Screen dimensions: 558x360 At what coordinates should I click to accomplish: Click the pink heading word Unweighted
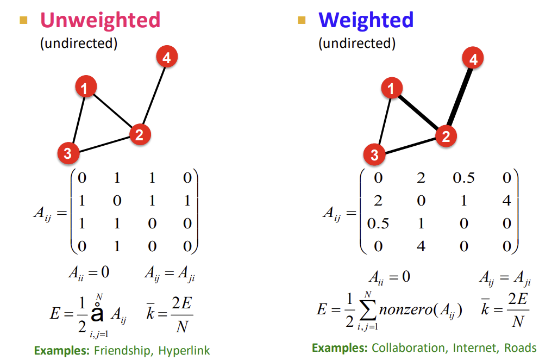(x=100, y=20)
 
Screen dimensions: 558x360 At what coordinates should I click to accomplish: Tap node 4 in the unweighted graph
(x=167, y=57)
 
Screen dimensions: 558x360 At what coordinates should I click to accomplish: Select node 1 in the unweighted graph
(x=85, y=87)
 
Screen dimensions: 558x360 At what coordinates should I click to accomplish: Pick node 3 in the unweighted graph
(x=67, y=153)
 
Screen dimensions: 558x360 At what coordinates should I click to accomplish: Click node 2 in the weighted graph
(x=446, y=136)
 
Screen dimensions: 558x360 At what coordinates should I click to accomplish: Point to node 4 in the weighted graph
(x=473, y=59)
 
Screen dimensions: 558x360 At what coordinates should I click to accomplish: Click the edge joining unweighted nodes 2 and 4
(x=153, y=96)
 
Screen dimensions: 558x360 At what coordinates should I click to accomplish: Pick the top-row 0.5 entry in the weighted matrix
(x=463, y=178)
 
